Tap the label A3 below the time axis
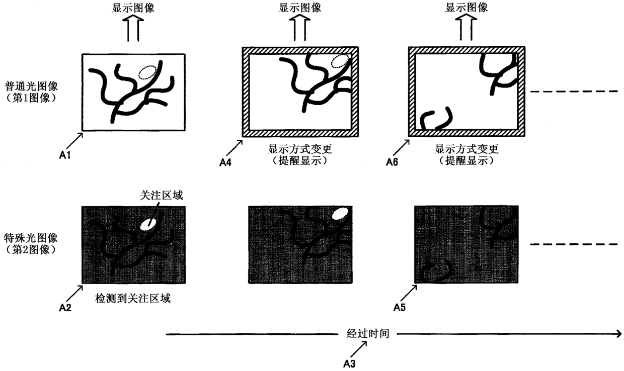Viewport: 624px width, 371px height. click(x=350, y=363)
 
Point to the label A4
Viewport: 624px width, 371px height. click(x=226, y=162)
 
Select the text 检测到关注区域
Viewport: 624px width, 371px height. click(x=133, y=299)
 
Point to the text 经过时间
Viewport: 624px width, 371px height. click(x=368, y=333)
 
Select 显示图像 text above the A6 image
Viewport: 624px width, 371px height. click(x=466, y=7)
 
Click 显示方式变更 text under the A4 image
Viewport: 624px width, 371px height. click(x=300, y=149)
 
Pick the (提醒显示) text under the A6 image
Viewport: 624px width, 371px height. click(x=466, y=161)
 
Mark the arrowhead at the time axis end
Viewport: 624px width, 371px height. click(x=618, y=334)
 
